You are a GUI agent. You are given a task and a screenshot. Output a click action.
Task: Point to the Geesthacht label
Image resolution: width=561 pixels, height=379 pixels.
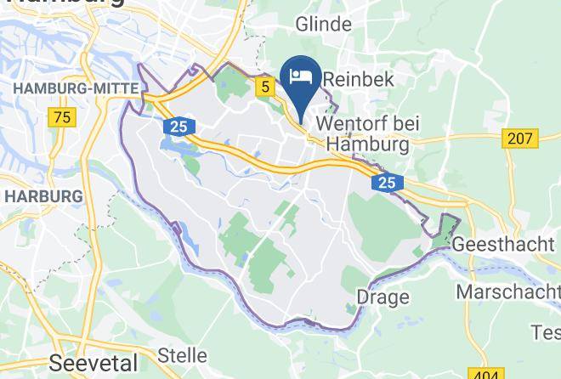505,244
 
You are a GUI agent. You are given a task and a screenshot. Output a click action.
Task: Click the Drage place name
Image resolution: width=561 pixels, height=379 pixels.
383,297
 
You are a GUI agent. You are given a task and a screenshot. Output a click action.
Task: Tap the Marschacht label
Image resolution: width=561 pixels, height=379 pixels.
508,291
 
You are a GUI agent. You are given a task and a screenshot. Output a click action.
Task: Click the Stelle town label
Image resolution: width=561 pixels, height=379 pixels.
184,354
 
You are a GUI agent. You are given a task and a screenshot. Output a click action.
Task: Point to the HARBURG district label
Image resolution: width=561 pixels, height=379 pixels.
42,196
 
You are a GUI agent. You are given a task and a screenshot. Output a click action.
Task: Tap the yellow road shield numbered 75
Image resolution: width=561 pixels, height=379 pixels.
61,117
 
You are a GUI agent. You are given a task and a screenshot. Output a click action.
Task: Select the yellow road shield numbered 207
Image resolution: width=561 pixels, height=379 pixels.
521,138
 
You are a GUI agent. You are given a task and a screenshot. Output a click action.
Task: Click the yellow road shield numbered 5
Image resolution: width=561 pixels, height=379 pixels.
266,86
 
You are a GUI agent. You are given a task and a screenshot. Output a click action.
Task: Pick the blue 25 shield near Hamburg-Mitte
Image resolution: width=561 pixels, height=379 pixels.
176,127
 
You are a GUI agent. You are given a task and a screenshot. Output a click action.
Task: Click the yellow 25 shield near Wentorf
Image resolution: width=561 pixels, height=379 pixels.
387,182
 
